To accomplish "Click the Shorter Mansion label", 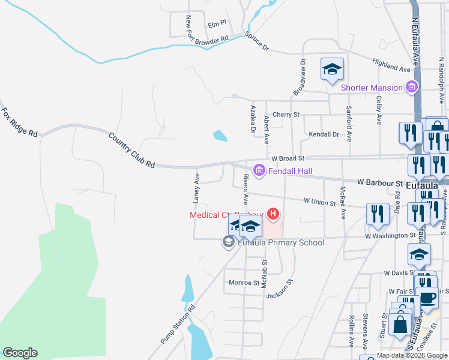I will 372,88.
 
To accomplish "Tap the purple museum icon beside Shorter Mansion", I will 412,88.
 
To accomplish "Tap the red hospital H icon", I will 273,214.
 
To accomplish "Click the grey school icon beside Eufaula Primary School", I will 228,242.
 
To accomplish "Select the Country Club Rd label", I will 131,149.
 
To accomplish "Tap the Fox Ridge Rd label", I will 19,122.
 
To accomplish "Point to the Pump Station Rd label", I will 179,325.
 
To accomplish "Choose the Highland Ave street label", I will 391,62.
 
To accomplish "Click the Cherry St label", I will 286,115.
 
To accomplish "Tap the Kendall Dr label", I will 324,134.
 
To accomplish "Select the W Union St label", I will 319,202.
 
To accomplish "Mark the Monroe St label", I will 243,282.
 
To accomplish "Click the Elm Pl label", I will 217,24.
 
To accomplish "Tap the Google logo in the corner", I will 20,353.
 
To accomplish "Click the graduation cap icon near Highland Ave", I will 332,70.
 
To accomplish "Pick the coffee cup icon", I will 427,298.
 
